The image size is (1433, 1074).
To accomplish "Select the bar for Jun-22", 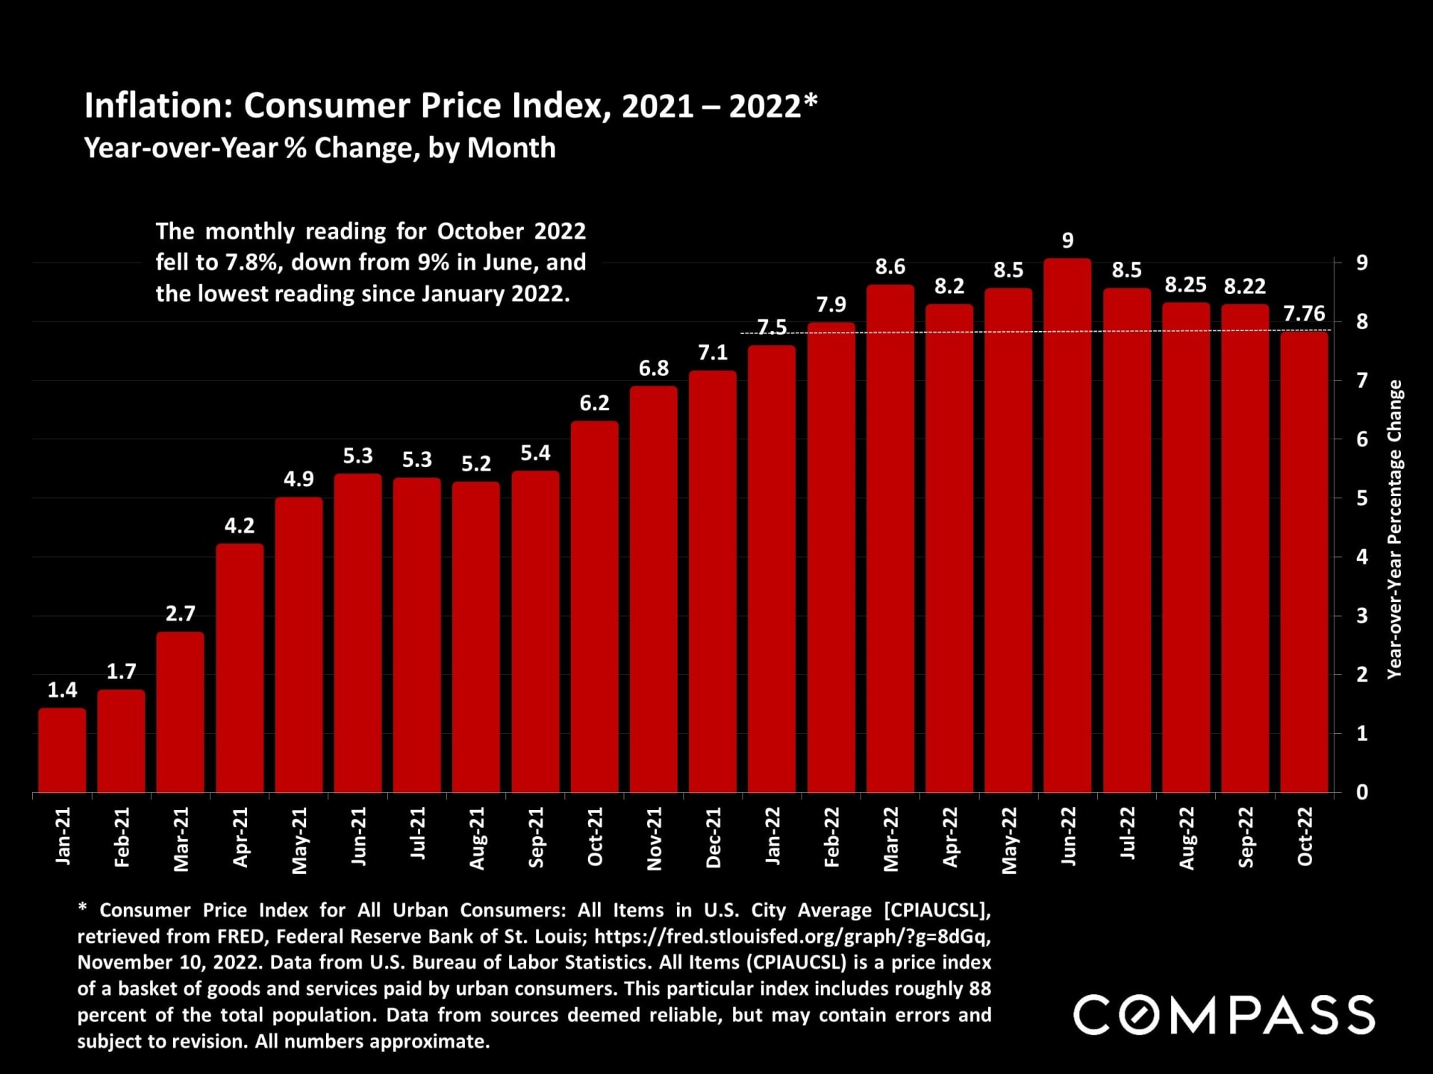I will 1067,526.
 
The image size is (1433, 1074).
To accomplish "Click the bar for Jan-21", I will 62,750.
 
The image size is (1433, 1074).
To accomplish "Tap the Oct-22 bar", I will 1304,562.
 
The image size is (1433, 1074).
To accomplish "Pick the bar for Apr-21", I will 240,668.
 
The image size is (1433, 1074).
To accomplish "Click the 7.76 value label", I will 1304,313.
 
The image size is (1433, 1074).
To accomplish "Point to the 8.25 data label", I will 1185,285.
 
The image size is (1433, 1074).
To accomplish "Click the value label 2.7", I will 180,614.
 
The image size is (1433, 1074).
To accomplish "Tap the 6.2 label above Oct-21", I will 594,403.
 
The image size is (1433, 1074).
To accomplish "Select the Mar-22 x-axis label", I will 891,839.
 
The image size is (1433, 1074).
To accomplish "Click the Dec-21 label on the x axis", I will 714,838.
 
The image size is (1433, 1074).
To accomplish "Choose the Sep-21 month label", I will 536,838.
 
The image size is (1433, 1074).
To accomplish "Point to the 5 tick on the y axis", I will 1362,498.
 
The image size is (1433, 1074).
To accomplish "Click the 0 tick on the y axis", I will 1362,792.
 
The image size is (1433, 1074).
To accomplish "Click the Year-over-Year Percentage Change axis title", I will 1394,530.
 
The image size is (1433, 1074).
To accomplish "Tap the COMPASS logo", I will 1223,1015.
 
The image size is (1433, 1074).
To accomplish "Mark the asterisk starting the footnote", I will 83,908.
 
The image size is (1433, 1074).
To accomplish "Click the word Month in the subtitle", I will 511,148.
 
